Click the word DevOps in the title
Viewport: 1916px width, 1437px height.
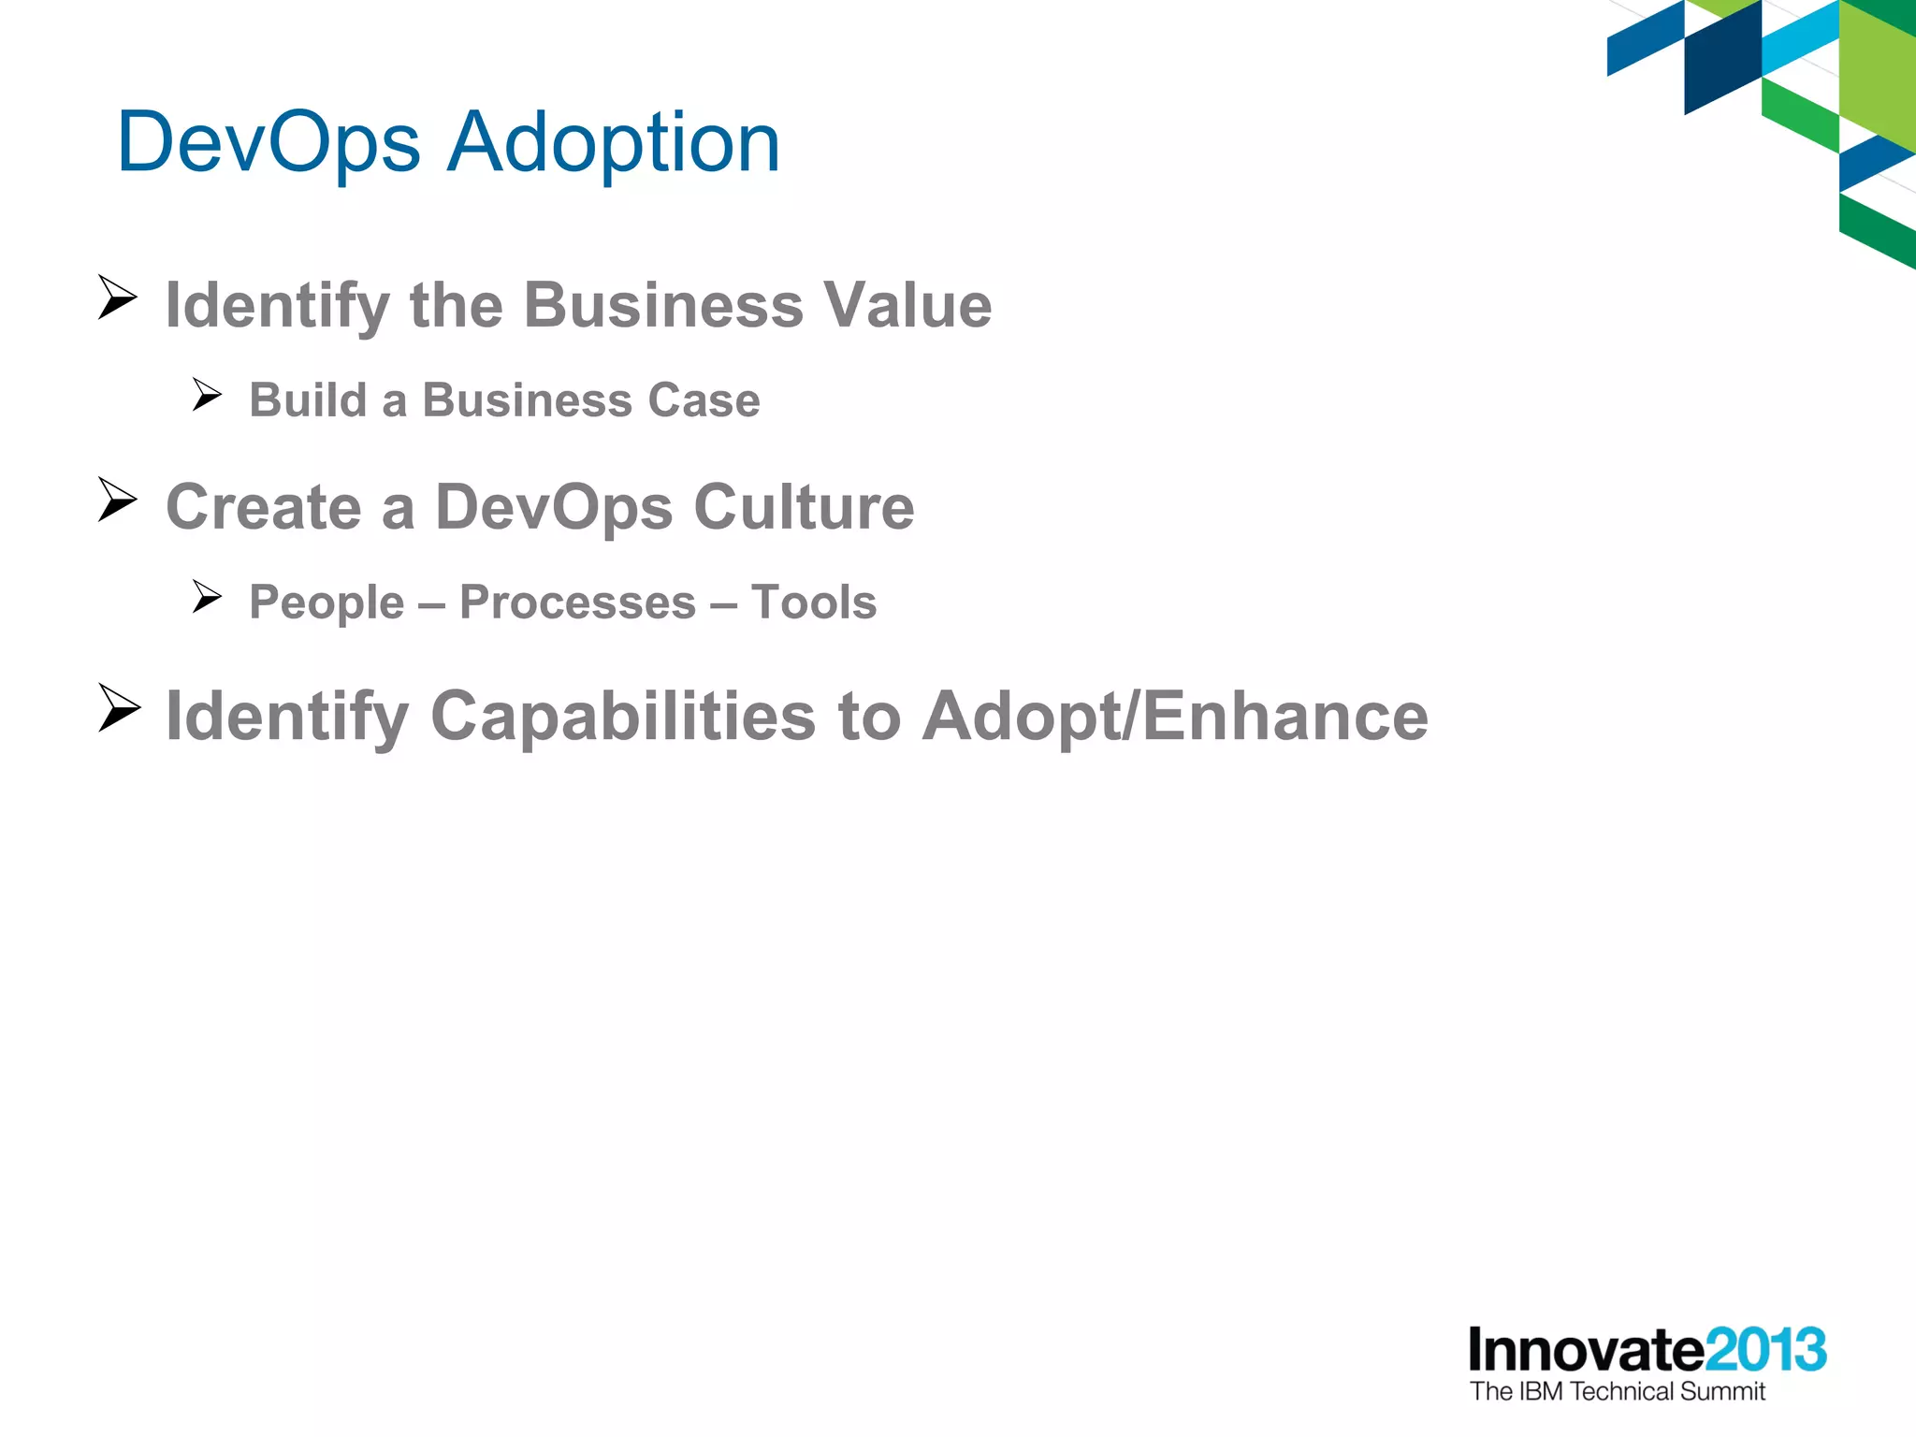tap(269, 143)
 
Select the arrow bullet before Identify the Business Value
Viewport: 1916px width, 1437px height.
tap(118, 298)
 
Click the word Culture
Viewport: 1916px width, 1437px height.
tap(804, 507)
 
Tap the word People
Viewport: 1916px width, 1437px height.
tap(327, 602)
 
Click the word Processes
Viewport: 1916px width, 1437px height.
tap(577, 602)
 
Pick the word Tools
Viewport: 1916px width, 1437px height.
tap(814, 602)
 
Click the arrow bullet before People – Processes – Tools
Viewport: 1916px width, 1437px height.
tap(207, 596)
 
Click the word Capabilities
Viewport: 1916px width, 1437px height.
tap(622, 717)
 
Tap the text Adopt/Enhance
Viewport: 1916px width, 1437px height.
tap(1175, 717)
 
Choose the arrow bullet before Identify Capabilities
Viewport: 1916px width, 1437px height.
tap(119, 708)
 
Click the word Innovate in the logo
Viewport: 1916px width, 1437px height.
tap(1586, 1350)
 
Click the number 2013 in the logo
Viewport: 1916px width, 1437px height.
tap(1765, 1350)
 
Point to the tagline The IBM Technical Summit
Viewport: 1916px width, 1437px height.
tap(1617, 1392)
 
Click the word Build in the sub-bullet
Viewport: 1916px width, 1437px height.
tap(308, 400)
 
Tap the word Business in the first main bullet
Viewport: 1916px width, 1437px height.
tap(663, 305)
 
